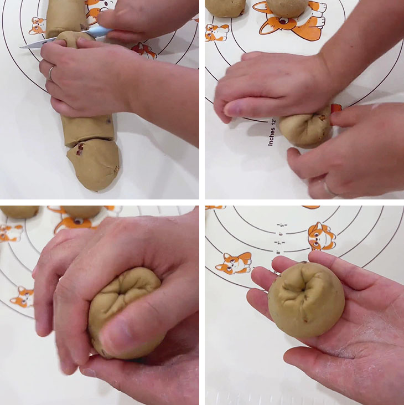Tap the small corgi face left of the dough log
tap(37, 25)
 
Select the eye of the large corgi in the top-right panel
tap(283, 21)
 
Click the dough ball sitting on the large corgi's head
tap(287, 7)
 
